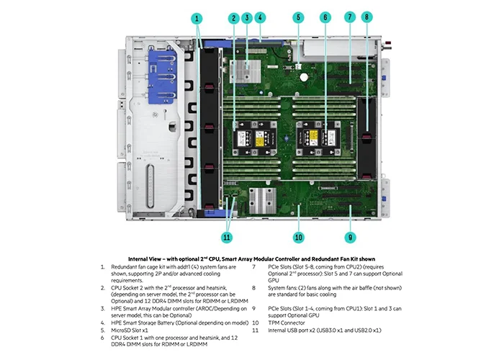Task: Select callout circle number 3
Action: tap(247, 17)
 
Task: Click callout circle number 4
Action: tap(261, 17)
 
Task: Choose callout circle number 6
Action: tap(325, 17)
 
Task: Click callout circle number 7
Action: tap(351, 17)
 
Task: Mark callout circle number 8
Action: tap(366, 17)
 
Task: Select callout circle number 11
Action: tap(228, 237)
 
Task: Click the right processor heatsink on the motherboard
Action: tap(315, 135)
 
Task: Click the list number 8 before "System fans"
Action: tap(253, 288)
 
